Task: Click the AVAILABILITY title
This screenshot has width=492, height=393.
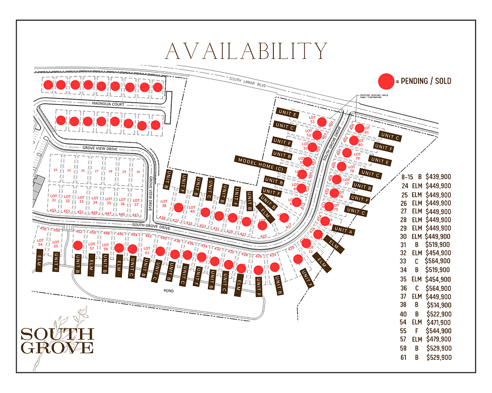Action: tap(246, 51)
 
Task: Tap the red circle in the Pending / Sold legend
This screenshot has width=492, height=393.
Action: tap(386, 81)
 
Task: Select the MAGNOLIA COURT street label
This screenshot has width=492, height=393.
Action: tap(107, 104)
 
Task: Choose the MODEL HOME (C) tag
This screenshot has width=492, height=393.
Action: tap(260, 164)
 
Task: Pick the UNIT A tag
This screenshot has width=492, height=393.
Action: tap(345, 230)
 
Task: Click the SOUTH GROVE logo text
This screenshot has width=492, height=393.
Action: tap(57, 340)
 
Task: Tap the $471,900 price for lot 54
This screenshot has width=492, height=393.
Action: tap(438, 323)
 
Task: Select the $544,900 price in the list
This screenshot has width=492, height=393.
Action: tap(438, 331)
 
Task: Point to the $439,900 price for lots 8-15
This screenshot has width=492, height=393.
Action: tap(438, 177)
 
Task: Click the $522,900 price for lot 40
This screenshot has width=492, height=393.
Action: tap(438, 313)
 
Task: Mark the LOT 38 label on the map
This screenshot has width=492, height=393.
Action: tap(164, 203)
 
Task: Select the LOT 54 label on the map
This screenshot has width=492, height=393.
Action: tap(41, 243)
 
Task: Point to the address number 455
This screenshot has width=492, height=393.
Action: tap(53, 211)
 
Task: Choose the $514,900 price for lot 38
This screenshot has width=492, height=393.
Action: tap(438, 305)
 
